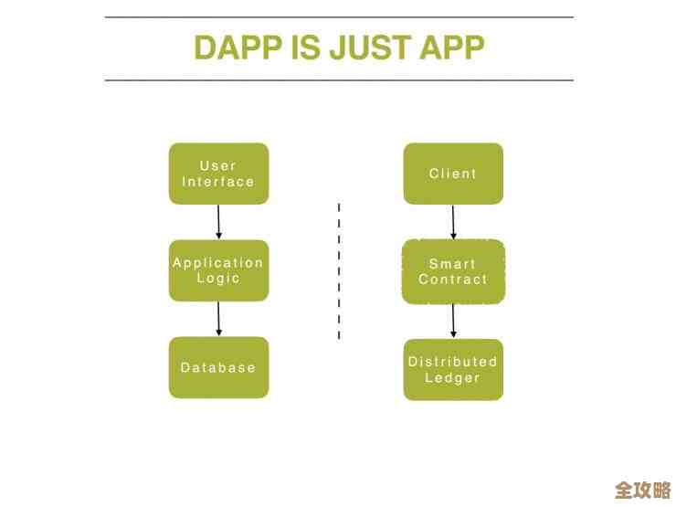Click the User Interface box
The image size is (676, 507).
(x=218, y=174)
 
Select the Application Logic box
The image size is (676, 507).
(x=218, y=270)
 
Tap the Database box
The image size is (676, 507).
(x=218, y=367)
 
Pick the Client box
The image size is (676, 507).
(x=453, y=174)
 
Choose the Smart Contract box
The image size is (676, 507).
(x=453, y=271)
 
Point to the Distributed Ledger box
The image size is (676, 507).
(x=453, y=369)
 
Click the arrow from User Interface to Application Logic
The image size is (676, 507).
(x=218, y=222)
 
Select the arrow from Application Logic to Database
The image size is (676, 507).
(x=218, y=319)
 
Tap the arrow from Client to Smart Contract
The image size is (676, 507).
(x=453, y=222)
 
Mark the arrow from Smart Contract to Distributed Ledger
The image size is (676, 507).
(x=453, y=321)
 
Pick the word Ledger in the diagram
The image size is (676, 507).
(x=453, y=377)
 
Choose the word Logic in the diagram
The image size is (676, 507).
(x=218, y=279)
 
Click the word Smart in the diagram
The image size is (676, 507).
(x=453, y=263)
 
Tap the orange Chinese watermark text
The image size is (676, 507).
(x=643, y=489)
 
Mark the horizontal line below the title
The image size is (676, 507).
(x=339, y=80)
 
